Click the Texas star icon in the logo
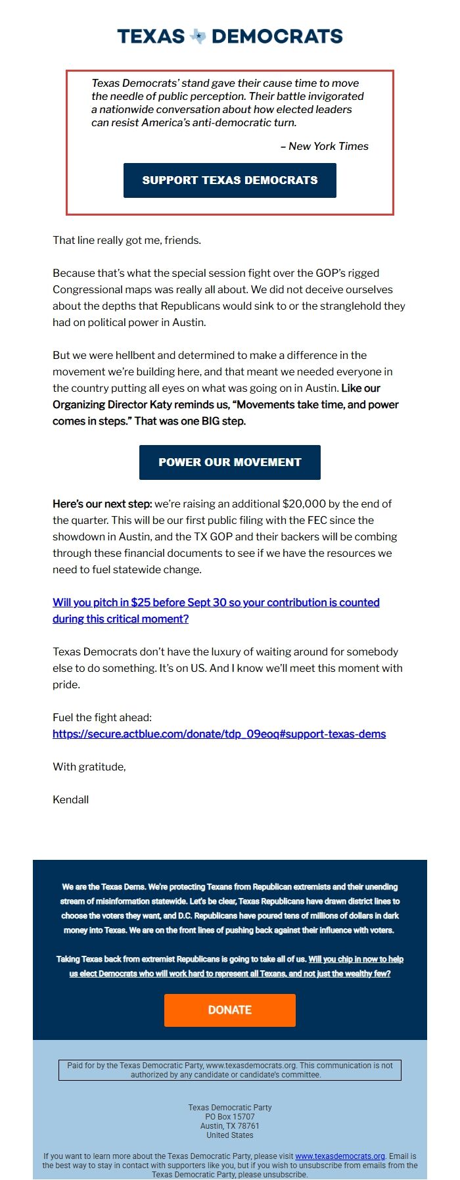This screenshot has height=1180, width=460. (x=198, y=36)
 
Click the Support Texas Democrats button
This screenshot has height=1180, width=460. (x=230, y=180)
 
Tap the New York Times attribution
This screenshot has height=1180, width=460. (x=325, y=146)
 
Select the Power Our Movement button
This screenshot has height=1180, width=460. (x=230, y=462)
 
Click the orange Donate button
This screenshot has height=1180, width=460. (x=230, y=1010)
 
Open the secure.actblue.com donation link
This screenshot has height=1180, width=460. (x=219, y=734)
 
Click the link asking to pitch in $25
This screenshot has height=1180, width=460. (x=216, y=602)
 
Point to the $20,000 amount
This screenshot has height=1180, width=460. (x=304, y=504)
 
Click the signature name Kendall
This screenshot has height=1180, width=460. (x=70, y=799)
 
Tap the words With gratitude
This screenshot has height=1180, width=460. (x=89, y=767)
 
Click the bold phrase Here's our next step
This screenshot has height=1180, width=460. (x=102, y=504)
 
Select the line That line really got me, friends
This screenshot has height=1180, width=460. (x=127, y=240)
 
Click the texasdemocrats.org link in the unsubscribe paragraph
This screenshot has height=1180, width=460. (x=340, y=1156)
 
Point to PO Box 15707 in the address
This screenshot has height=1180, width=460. (x=230, y=1116)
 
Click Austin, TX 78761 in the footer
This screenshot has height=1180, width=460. (x=230, y=1125)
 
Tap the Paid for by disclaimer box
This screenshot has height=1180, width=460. (x=230, y=1070)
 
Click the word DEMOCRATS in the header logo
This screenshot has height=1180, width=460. (x=277, y=36)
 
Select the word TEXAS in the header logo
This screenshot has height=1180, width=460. (x=151, y=36)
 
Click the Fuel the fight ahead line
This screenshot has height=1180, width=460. (x=102, y=717)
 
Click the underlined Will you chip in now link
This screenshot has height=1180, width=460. (x=356, y=958)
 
